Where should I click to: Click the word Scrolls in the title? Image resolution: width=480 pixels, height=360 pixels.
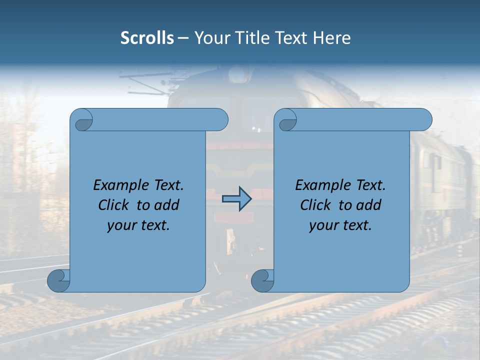click(147, 38)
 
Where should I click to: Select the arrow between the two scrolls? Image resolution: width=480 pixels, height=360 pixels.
click(236, 199)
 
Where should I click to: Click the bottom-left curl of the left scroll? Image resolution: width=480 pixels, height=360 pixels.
click(58, 280)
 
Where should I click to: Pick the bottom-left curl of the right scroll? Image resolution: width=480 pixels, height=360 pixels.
click(262, 280)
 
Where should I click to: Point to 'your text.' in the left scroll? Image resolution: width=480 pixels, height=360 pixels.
click(138, 225)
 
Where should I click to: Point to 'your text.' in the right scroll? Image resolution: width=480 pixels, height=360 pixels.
click(340, 225)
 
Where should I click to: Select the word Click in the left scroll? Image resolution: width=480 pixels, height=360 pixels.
click(113, 205)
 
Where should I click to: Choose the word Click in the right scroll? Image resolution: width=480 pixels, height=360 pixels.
click(315, 205)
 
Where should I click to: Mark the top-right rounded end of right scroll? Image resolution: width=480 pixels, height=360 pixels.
click(423, 120)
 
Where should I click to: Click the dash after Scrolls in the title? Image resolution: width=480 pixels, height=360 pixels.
click(183, 38)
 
